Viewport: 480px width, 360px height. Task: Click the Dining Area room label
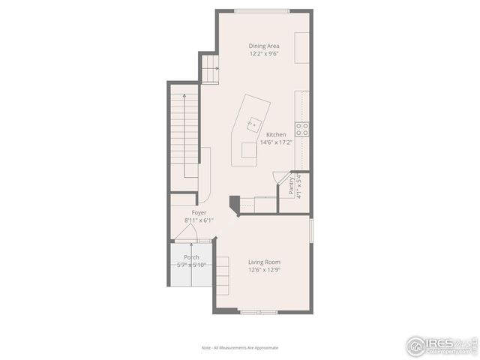coord(263,46)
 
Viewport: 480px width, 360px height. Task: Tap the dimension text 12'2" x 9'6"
coord(263,54)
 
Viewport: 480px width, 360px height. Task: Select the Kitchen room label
coord(275,135)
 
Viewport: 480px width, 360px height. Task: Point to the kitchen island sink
coord(253,121)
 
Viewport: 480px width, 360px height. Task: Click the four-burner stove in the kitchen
coord(302,129)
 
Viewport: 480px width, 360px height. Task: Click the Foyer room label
coord(199,212)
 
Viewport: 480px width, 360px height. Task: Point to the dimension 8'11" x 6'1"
coord(199,220)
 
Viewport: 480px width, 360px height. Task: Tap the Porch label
coord(191,257)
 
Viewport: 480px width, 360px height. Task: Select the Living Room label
coord(263,262)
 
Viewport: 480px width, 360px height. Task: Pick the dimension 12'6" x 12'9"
coord(263,270)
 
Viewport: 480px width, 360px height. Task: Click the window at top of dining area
coord(252,10)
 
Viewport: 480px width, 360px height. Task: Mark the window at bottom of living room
coord(259,311)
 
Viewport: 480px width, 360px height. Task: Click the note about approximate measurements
coord(239,348)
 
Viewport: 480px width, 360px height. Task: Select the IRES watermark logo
coord(441,346)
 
